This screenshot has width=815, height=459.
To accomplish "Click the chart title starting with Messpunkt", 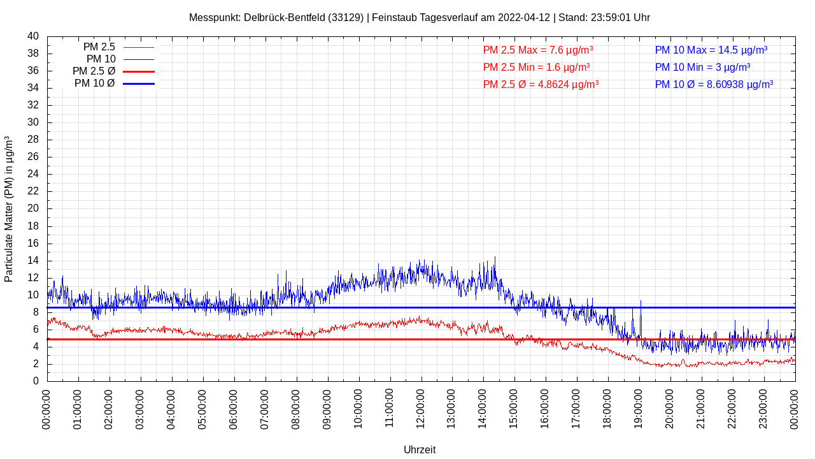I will [419, 18].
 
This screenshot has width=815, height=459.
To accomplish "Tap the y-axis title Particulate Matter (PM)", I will [9, 209].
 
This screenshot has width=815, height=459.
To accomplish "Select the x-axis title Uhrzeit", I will [420, 450].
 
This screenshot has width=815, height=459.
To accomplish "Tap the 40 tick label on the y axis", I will [33, 36].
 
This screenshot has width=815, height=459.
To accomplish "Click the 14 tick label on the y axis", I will [33, 261].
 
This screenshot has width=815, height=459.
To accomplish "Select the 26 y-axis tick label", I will [33, 157].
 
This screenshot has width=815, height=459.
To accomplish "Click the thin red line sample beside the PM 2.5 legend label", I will [138, 47].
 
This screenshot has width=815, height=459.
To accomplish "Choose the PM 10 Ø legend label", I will [95, 84].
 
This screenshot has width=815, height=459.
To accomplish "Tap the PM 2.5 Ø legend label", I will [94, 71].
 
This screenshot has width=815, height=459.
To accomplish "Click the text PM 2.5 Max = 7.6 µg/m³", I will [538, 50].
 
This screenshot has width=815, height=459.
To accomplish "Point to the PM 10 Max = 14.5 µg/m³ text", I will [711, 50].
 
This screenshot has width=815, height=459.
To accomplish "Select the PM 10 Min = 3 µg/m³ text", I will [702, 68].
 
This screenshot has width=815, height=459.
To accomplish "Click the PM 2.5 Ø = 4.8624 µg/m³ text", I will [541, 85].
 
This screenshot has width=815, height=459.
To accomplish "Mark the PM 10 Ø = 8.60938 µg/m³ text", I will [714, 85].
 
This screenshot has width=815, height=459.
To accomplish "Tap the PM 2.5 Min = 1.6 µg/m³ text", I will [536, 68].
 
